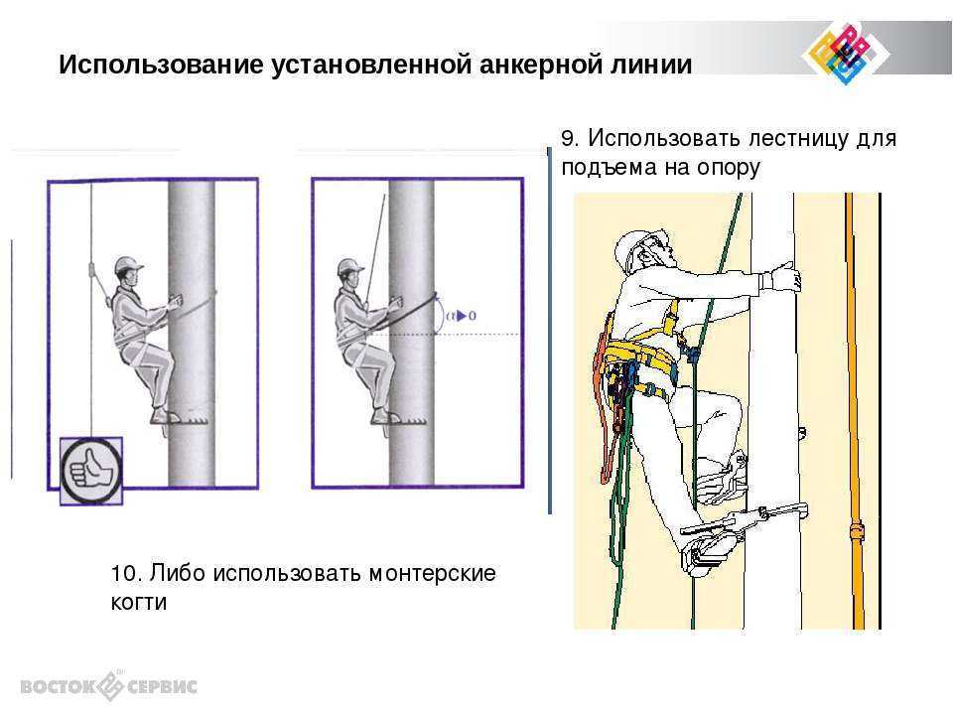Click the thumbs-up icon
point(91,471)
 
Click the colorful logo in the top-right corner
point(846,53)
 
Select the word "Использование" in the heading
point(161,65)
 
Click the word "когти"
point(139,603)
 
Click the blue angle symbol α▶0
point(461,316)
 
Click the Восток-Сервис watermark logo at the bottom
point(109,686)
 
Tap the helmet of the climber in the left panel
point(128,265)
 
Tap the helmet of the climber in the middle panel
point(349,267)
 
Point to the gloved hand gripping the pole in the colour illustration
point(786,277)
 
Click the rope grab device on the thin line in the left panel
point(92,269)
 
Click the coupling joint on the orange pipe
point(857,530)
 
